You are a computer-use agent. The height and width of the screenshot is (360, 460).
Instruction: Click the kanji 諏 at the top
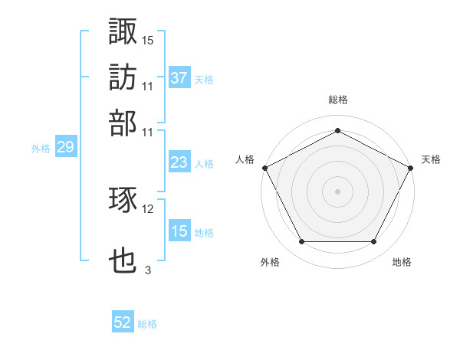click(123, 31)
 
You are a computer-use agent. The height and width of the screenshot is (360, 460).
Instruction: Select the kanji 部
click(123, 122)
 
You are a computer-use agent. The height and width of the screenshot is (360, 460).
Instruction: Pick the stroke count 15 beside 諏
click(148, 40)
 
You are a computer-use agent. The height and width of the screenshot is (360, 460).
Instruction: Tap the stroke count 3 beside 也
click(147, 270)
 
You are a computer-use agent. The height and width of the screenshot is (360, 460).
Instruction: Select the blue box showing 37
click(179, 77)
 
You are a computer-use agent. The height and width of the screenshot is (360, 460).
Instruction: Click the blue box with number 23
click(179, 163)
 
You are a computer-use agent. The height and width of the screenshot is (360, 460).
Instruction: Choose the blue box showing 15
click(179, 231)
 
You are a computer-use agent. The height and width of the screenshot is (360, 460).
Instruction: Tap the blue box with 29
click(65, 148)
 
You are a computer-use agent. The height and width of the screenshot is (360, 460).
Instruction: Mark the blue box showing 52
click(123, 323)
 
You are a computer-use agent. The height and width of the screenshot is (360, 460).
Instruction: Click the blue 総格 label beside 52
click(147, 324)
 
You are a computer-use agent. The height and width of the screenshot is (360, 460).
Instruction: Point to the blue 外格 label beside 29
click(40, 149)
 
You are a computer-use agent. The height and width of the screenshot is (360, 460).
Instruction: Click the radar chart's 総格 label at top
click(337, 100)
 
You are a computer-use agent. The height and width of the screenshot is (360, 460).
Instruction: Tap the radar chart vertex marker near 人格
click(264, 167)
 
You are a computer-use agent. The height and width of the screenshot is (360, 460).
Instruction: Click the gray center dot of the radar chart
click(337, 191)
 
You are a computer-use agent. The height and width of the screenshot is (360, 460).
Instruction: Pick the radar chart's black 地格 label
click(402, 262)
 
